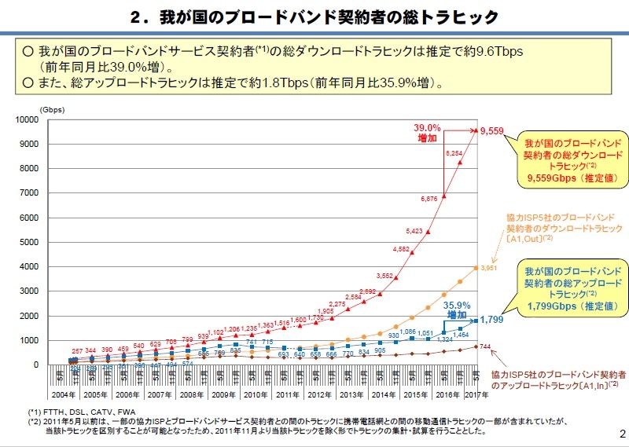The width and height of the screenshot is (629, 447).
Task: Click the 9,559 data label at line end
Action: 493,131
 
